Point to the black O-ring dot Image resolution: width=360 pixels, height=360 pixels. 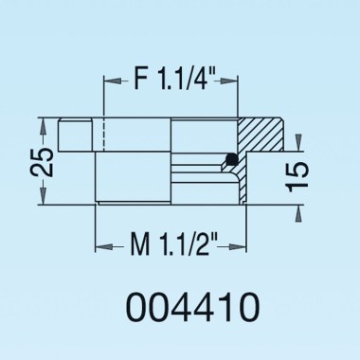coord(231,158)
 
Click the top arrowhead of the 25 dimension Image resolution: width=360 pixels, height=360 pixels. coord(42,124)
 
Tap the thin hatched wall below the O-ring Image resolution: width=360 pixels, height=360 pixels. coord(243,185)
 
